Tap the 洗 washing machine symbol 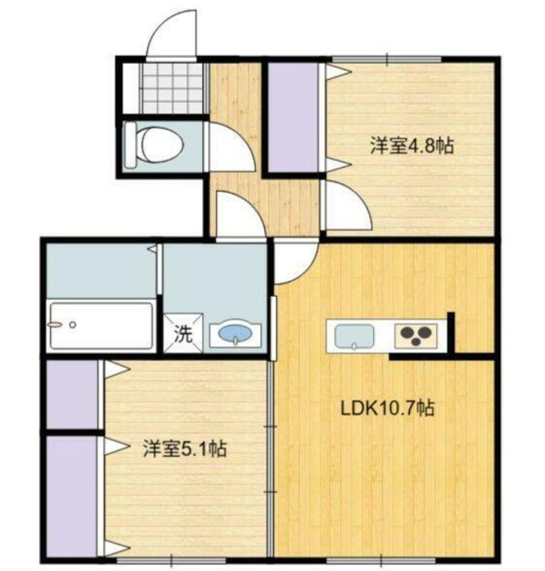[183, 334]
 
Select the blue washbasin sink [233, 336]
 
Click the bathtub [101, 326]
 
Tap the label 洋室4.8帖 [411, 146]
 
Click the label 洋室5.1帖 [184, 448]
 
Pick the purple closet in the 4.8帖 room [292, 118]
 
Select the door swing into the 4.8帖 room [347, 206]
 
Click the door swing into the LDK [295, 261]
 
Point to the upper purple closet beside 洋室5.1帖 [73, 393]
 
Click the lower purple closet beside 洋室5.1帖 [71, 496]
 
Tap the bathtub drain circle [72, 324]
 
